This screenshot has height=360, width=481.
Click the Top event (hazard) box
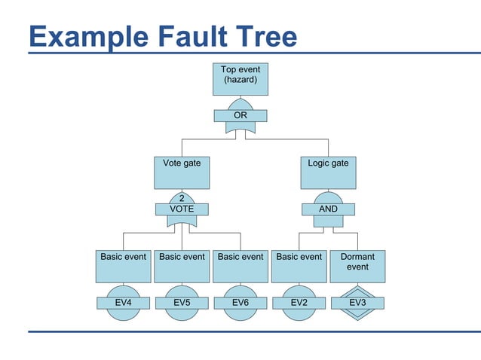240,79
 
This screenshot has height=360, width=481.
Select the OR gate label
240,116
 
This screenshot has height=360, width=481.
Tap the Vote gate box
182,172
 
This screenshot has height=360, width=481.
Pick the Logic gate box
328,172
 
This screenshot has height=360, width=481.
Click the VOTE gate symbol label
182,209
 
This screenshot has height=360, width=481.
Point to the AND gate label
328,209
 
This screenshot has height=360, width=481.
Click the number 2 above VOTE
182,199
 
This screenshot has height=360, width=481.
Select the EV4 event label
124,303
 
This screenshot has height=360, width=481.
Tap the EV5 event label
182,303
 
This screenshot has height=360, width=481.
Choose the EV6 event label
240,303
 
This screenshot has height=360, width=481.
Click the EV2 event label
299,303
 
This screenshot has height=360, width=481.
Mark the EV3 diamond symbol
357,303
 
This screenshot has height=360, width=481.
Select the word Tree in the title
261,36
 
